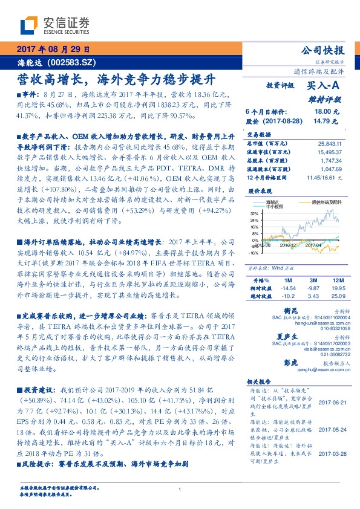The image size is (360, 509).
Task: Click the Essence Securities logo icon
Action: [30, 25]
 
